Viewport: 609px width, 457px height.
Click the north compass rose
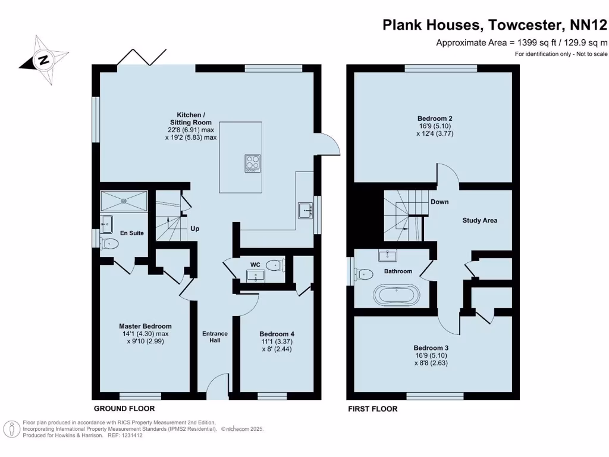point(42,60)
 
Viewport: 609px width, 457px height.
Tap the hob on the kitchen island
point(253,163)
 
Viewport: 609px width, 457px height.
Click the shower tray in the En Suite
point(124,201)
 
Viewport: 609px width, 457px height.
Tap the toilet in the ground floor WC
point(275,265)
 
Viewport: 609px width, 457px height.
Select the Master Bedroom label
point(145,326)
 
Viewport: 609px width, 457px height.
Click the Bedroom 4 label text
point(277,334)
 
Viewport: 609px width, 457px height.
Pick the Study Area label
point(479,220)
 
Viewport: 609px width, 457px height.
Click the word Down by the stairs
point(440,202)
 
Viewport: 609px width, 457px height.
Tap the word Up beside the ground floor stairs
point(194,228)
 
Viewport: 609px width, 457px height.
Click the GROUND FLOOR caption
point(124,409)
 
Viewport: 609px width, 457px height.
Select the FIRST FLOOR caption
point(372,409)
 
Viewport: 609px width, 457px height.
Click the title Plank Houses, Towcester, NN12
point(495,25)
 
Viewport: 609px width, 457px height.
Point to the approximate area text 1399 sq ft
point(522,42)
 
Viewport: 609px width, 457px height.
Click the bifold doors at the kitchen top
point(139,58)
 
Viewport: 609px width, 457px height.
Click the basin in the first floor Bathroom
point(388,256)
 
